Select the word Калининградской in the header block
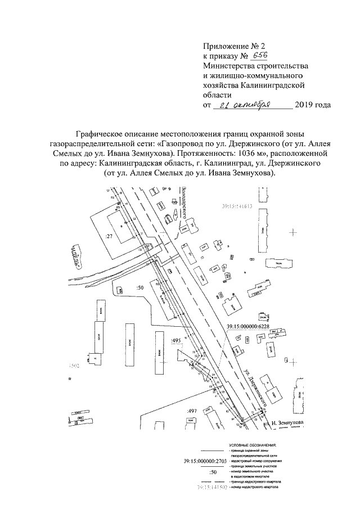[x=272, y=85]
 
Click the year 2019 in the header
[x=304, y=105]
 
